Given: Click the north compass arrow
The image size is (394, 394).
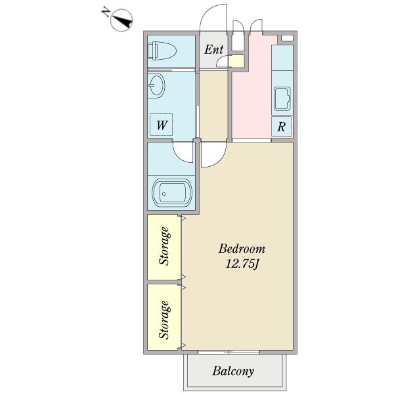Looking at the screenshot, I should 120,22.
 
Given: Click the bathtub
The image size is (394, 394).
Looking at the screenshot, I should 172,193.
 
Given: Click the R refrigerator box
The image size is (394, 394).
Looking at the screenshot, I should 281,127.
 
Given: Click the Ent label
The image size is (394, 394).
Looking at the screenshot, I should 214,50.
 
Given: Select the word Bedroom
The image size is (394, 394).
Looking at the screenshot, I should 242,249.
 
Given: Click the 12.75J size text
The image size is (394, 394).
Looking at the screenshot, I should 242,264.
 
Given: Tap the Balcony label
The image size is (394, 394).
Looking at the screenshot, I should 233,372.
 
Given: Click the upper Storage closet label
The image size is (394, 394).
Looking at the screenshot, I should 164,246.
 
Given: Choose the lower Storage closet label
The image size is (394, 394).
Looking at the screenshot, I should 164,319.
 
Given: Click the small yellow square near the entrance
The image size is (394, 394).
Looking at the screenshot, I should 236,62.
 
